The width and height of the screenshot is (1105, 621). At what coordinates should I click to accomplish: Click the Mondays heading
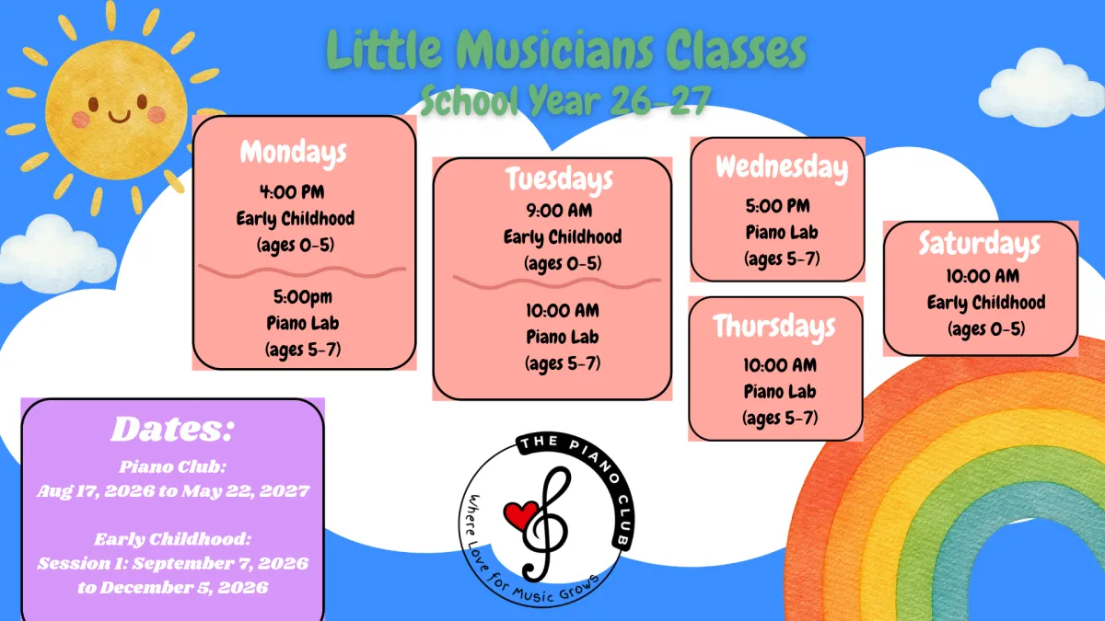[294, 154]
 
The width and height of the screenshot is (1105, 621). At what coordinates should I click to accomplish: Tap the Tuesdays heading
[559, 179]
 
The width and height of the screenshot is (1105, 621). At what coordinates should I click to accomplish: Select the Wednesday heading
[782, 168]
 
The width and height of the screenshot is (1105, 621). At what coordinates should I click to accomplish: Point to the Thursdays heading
[774, 328]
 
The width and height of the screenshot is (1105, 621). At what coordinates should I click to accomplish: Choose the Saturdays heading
[979, 245]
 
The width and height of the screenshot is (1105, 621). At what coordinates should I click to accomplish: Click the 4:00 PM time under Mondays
[292, 191]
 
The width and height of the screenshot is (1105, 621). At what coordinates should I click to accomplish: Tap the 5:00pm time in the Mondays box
[302, 297]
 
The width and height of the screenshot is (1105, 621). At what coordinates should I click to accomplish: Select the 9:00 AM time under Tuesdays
[559, 211]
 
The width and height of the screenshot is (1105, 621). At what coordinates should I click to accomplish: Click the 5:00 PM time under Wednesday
[777, 206]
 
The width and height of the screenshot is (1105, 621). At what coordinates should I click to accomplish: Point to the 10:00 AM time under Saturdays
[983, 276]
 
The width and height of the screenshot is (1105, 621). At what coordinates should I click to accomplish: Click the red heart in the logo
[521, 514]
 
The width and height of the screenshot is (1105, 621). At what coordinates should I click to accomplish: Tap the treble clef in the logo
[545, 525]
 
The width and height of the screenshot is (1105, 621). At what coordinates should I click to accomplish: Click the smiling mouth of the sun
[119, 118]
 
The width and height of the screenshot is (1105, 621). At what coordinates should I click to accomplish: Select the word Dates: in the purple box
[171, 430]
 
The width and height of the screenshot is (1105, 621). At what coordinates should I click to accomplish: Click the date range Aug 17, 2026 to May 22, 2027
[173, 491]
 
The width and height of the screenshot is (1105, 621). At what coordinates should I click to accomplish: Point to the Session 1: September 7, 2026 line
[173, 563]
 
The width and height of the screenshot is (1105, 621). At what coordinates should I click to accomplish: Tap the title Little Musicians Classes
[565, 50]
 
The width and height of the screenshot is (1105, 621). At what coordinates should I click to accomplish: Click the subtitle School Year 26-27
[565, 101]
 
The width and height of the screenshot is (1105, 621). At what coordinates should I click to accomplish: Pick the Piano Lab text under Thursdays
[779, 392]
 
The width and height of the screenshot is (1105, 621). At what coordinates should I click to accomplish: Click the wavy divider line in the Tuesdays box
[556, 282]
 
